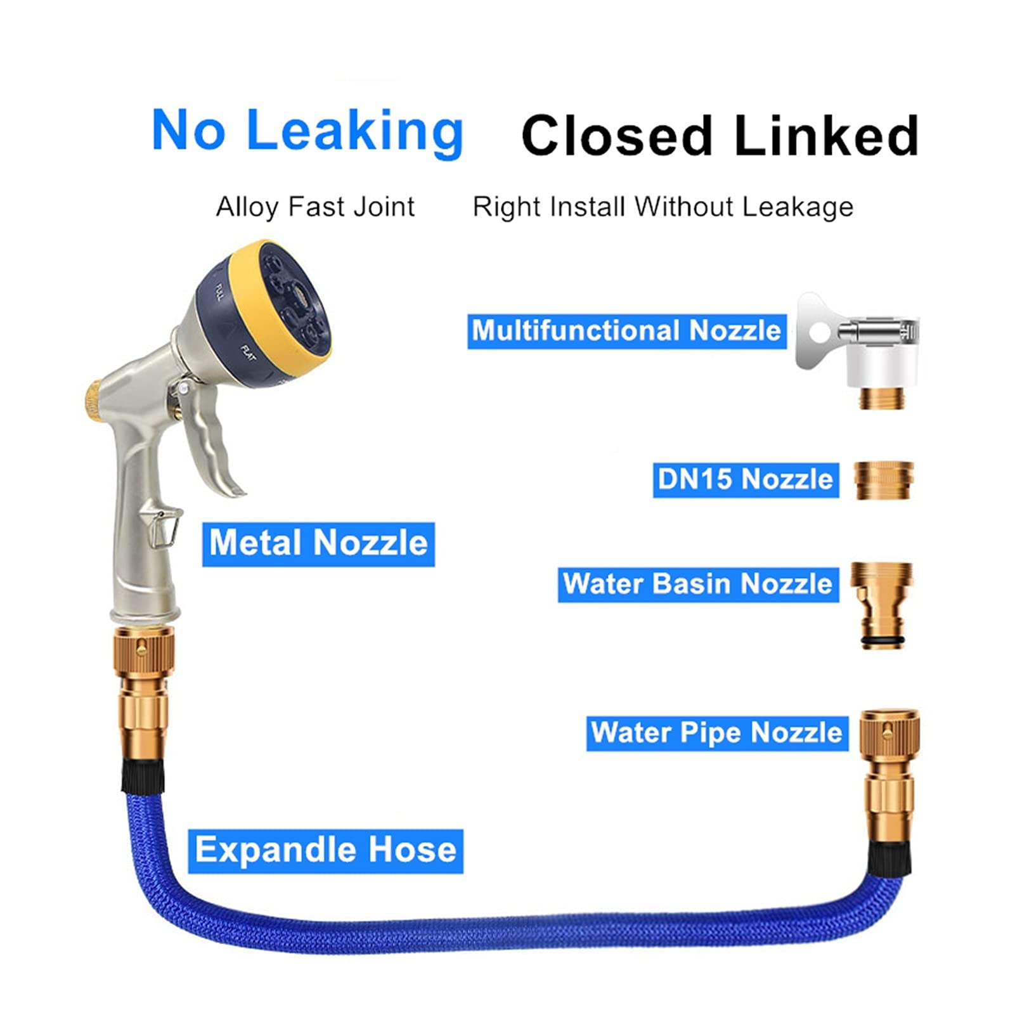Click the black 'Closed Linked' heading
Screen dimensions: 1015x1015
point(720,135)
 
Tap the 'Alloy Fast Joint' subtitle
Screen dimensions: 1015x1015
point(315,207)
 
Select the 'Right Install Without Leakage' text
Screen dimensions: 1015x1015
point(663,207)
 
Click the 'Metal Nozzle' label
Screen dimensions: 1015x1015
point(318,543)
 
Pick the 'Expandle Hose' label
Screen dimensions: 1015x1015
point(325,850)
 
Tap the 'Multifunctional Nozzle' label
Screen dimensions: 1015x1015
point(626,331)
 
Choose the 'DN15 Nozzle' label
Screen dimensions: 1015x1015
point(746,479)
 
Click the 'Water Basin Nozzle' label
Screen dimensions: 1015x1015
point(698,584)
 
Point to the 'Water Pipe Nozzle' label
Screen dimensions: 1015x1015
point(717,733)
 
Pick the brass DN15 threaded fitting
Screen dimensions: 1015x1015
point(884,481)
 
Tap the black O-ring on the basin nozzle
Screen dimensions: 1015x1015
point(882,645)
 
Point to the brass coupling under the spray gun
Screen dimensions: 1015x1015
point(144,687)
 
